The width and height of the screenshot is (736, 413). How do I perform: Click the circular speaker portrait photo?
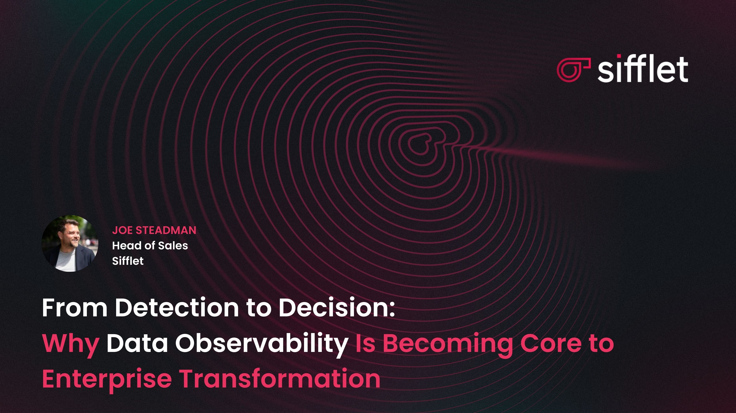70,243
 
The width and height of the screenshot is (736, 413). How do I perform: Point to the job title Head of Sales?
150,245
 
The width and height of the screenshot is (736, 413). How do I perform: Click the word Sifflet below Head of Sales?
128,261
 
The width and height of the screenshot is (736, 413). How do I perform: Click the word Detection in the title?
176,308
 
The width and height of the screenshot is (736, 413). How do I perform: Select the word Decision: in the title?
337,308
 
